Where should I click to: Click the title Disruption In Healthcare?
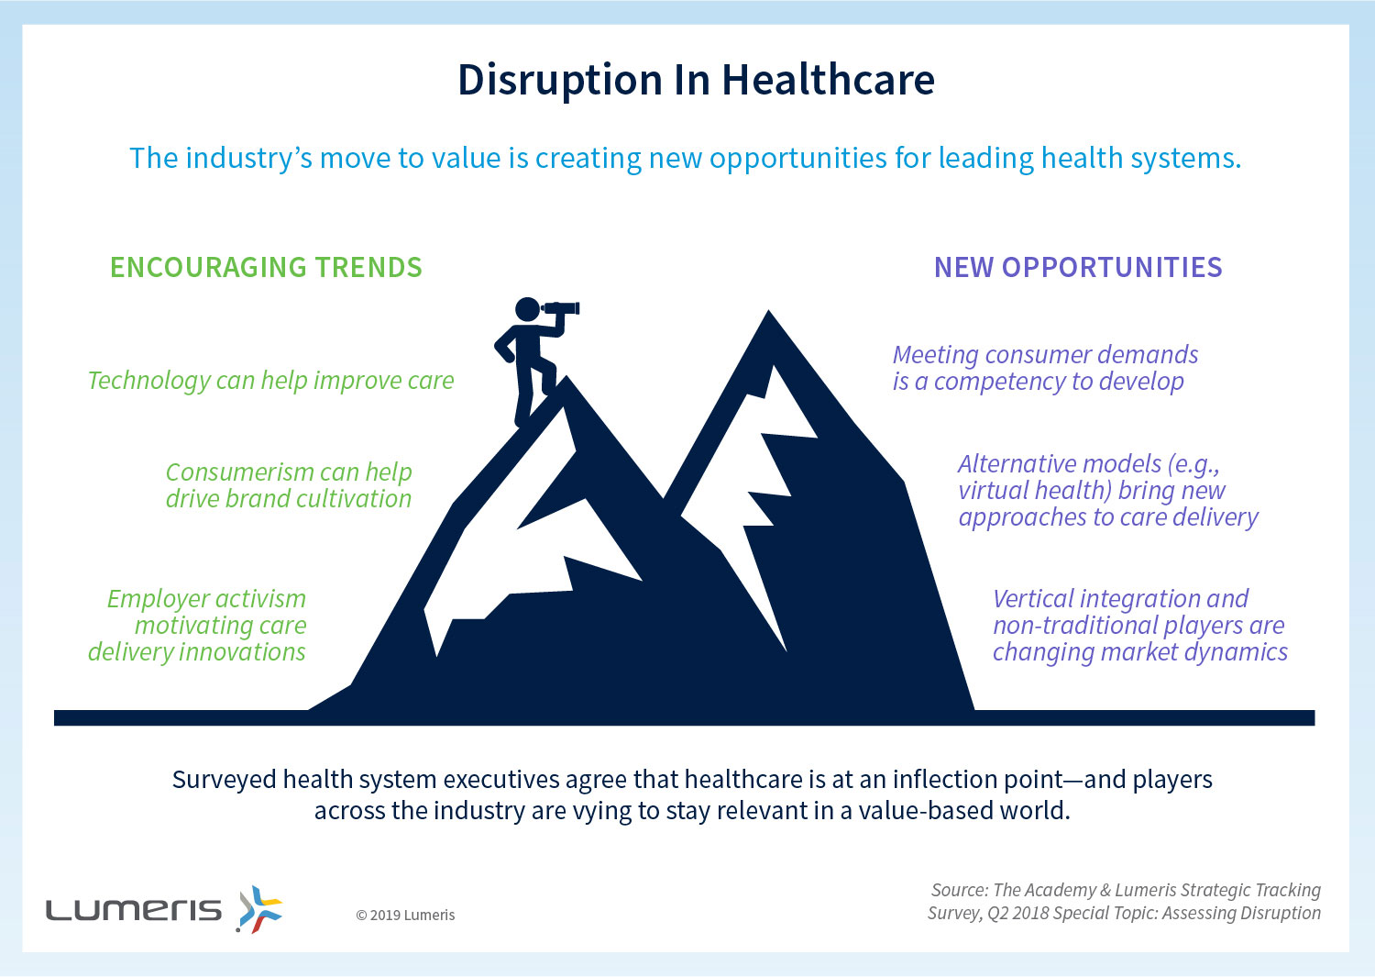(696, 81)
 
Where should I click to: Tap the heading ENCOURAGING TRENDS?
(267, 267)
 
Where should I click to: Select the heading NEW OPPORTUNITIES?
(1078, 267)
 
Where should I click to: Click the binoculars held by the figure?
(560, 308)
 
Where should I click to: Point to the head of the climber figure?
(527, 309)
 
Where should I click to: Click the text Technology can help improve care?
(270, 381)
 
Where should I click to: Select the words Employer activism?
(207, 598)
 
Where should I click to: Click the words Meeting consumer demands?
(1045, 354)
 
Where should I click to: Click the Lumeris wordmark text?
(134, 910)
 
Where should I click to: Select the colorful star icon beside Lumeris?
(259, 909)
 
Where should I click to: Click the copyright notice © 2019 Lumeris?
(405, 915)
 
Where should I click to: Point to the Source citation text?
(1125, 902)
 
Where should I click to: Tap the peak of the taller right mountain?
(768, 312)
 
